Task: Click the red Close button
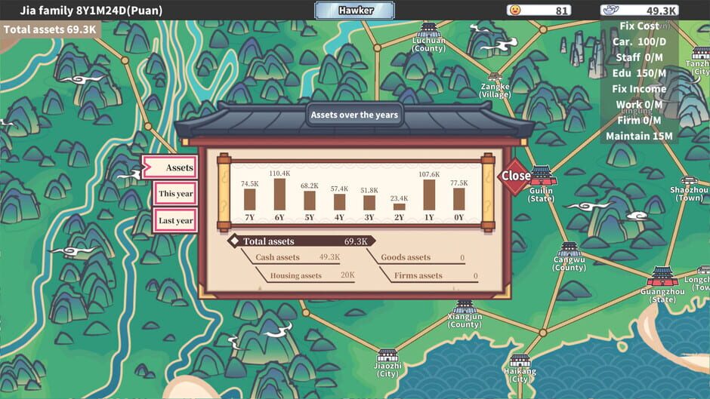[x=516, y=176]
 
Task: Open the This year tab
[x=175, y=194]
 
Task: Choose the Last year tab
[x=175, y=220]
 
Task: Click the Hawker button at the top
[x=355, y=11]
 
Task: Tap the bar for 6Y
[x=279, y=194]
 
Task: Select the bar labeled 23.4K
[x=399, y=206]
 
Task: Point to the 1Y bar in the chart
[x=429, y=195]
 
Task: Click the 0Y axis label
[x=458, y=218]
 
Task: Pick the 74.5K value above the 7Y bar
[x=249, y=183]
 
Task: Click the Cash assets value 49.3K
[x=329, y=258]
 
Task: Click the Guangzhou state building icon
[x=662, y=276]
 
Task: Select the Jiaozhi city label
[x=387, y=370]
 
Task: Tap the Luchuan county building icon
[x=429, y=30]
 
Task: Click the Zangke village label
[x=495, y=91]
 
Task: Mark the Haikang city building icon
[x=520, y=361]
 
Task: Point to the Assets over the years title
[x=354, y=115]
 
